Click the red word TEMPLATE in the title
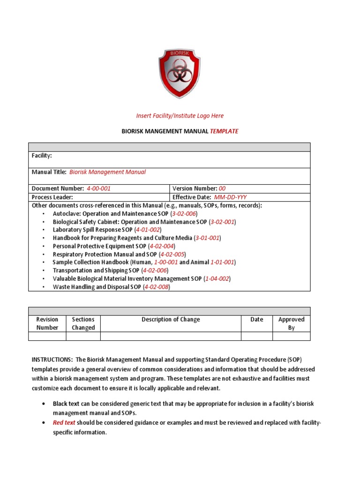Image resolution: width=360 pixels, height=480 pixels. tap(224, 131)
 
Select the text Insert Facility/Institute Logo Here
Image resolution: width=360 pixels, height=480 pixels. tap(180, 116)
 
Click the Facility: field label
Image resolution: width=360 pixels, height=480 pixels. tap(42, 155)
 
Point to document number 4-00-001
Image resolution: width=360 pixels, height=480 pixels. tap(98, 188)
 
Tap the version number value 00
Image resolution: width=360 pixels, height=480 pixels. tap(222, 188)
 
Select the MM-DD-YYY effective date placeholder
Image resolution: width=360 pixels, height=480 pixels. tap(231, 197)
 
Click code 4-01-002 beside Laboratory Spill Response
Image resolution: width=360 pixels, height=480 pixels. tap(148, 230)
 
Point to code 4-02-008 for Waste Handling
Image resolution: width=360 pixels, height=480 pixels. tap(157, 287)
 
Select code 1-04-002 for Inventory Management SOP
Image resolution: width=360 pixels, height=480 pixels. tap(217, 278)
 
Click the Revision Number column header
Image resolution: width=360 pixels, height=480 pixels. tap(47, 323)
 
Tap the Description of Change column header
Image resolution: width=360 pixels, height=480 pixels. tap(171, 320)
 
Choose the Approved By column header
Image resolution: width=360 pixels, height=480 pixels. tap(291, 323)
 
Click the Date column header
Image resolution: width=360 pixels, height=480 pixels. tap(257, 320)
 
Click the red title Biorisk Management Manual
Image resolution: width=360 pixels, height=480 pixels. tap(107, 172)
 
